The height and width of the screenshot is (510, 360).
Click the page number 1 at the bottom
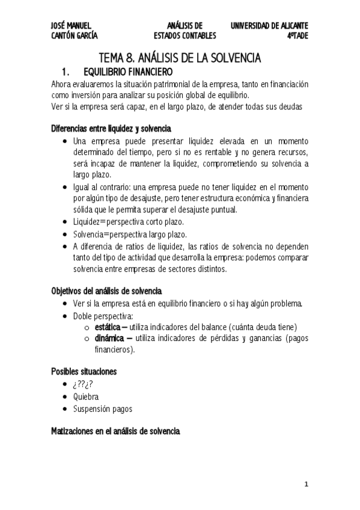click(x=306, y=484)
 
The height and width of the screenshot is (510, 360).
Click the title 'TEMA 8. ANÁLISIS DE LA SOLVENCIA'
click(x=180, y=58)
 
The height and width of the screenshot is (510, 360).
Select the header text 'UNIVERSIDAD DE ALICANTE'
click(x=269, y=26)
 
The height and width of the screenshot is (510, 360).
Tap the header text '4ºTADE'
click(x=297, y=36)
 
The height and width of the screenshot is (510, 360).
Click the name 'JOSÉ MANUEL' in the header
click(x=71, y=26)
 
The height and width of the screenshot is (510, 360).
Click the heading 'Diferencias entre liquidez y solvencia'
click(x=111, y=129)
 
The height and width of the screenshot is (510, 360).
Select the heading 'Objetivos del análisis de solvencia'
click(x=107, y=290)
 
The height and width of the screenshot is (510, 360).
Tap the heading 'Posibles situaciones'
click(x=84, y=372)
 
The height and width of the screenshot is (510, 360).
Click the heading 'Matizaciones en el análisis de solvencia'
click(x=115, y=431)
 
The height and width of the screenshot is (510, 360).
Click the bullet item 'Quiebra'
click(x=86, y=397)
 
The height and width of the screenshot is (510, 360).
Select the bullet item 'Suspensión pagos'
click(x=102, y=409)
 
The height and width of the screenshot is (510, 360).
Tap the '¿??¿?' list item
click(x=84, y=385)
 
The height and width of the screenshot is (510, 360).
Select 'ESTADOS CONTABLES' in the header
click(x=185, y=36)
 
